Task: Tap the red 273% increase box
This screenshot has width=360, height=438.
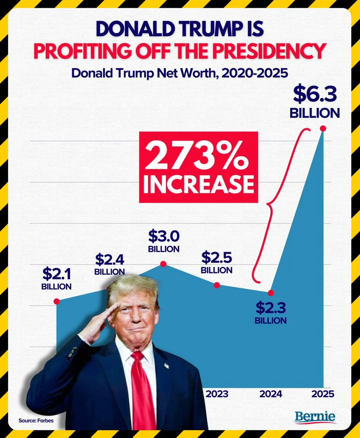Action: tap(198, 167)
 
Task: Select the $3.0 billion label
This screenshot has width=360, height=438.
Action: tap(164, 241)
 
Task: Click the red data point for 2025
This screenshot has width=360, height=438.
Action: tap(322, 128)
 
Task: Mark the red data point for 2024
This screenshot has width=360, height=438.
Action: tap(271, 293)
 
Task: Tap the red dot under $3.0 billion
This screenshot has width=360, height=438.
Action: tap(164, 264)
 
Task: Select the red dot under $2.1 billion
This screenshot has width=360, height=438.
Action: tap(57, 301)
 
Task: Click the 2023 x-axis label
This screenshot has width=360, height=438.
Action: tap(217, 394)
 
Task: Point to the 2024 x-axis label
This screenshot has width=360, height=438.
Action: tap(271, 394)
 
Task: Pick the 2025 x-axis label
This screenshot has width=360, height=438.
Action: tap(323, 394)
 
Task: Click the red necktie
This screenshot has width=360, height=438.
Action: tap(142, 394)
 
